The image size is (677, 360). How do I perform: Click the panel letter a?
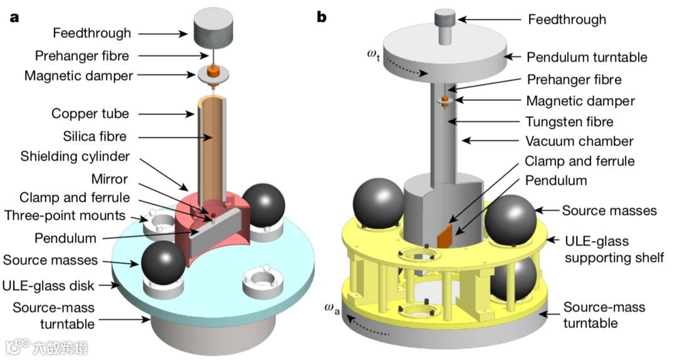pos(14,17)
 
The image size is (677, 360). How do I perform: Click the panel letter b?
pos(322,17)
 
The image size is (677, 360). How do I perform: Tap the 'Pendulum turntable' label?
pos(587,57)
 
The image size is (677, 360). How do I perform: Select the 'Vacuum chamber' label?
pos(580,141)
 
